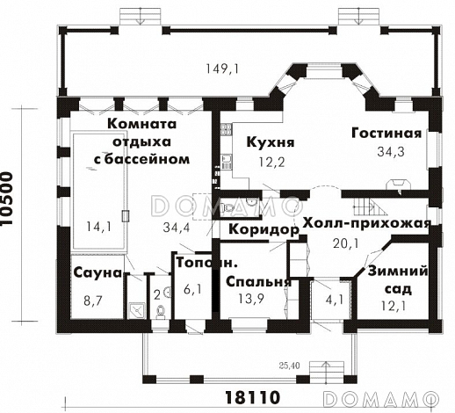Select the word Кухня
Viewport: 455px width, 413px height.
pyautogui.click(x=270, y=141)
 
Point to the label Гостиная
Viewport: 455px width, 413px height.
pyautogui.click(x=386, y=134)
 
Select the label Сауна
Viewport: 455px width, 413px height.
pyautogui.click(x=96, y=273)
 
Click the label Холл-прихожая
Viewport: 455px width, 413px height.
pyautogui.click(x=366, y=223)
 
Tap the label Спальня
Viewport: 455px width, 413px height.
pyautogui.click(x=258, y=282)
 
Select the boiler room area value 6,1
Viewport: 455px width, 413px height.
pyautogui.click(x=192, y=288)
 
